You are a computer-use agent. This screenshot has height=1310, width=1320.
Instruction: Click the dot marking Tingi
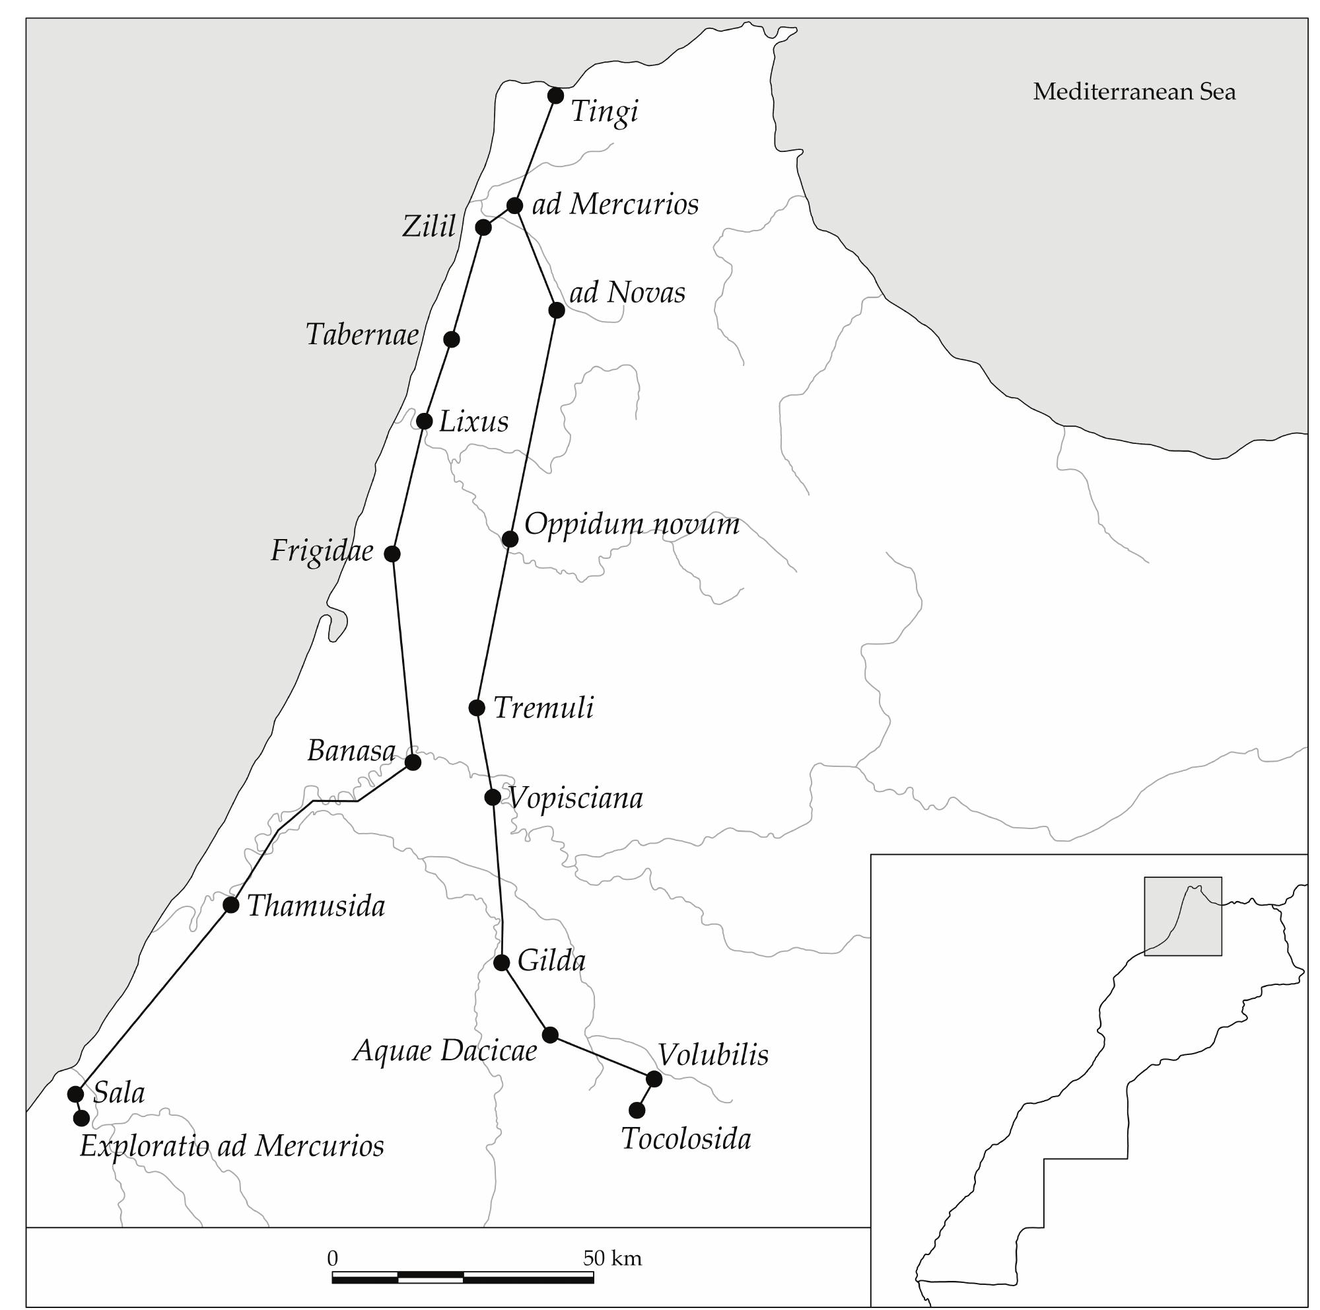click(555, 96)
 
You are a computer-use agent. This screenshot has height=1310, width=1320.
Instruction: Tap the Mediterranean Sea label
click(1134, 92)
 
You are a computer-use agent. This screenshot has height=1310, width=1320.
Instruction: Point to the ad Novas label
click(627, 293)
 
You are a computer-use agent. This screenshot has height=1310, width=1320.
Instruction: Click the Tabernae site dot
click(451, 339)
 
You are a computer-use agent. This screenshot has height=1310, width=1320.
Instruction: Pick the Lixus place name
click(473, 421)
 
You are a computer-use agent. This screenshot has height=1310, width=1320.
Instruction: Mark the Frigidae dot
click(392, 554)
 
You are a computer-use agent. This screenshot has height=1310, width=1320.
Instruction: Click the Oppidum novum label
click(631, 524)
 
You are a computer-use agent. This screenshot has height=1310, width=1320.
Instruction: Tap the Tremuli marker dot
click(477, 708)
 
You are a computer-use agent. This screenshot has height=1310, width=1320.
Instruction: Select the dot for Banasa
click(413, 762)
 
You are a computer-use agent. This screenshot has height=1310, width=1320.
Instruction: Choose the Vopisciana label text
click(575, 797)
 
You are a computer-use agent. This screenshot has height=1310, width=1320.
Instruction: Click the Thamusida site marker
click(231, 905)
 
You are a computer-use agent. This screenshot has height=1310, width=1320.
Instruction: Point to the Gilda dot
click(501, 963)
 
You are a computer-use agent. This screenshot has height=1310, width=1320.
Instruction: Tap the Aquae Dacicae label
click(445, 1050)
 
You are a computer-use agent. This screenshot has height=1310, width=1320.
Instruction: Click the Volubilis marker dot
click(654, 1079)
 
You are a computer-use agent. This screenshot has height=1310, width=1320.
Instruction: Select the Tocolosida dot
click(637, 1110)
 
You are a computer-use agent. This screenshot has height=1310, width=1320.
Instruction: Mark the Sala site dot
click(75, 1094)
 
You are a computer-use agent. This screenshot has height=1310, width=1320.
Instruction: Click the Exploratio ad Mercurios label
click(232, 1146)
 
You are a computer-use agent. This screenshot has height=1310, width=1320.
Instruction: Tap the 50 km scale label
click(612, 1258)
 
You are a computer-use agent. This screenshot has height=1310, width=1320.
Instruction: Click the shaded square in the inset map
click(1183, 916)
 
